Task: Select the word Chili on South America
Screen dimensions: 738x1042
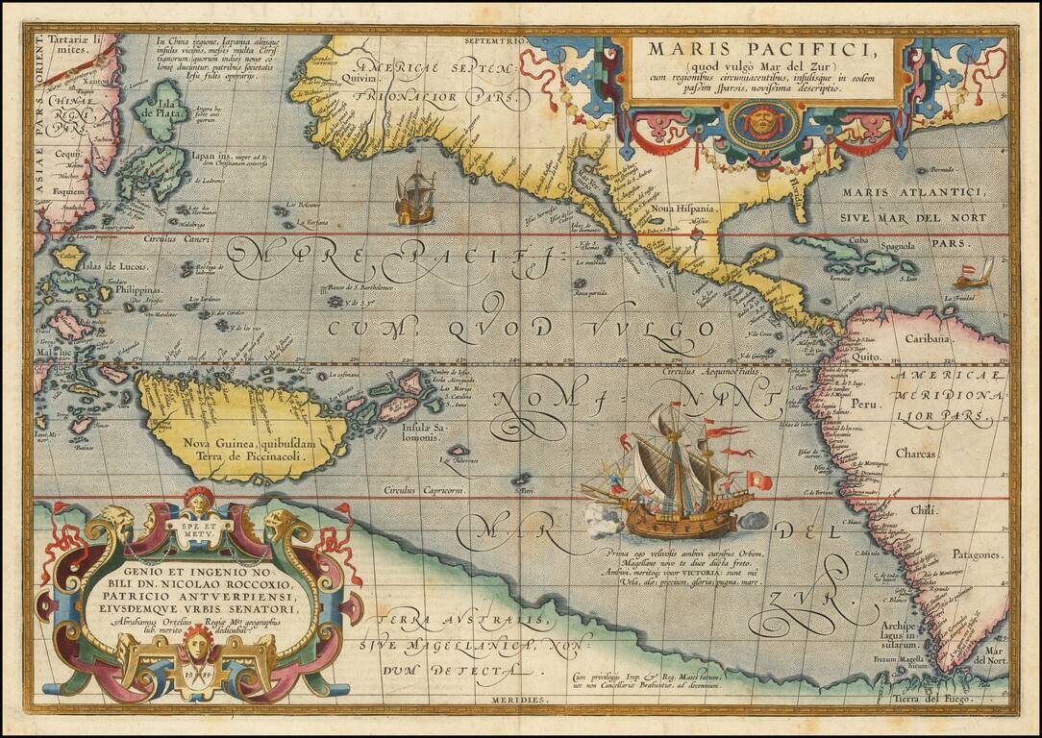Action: coord(924,510)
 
